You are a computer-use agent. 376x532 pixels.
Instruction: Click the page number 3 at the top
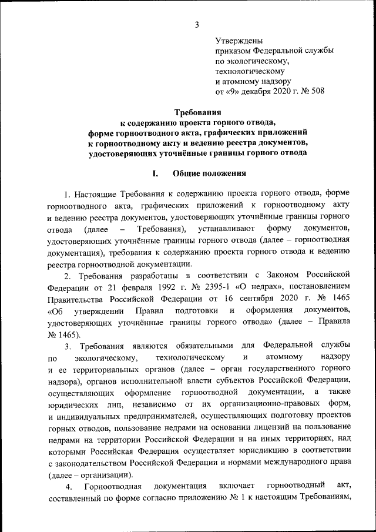(197, 24)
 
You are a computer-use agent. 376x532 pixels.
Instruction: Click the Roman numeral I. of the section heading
(156, 173)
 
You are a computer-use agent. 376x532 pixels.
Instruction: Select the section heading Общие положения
(206, 173)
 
